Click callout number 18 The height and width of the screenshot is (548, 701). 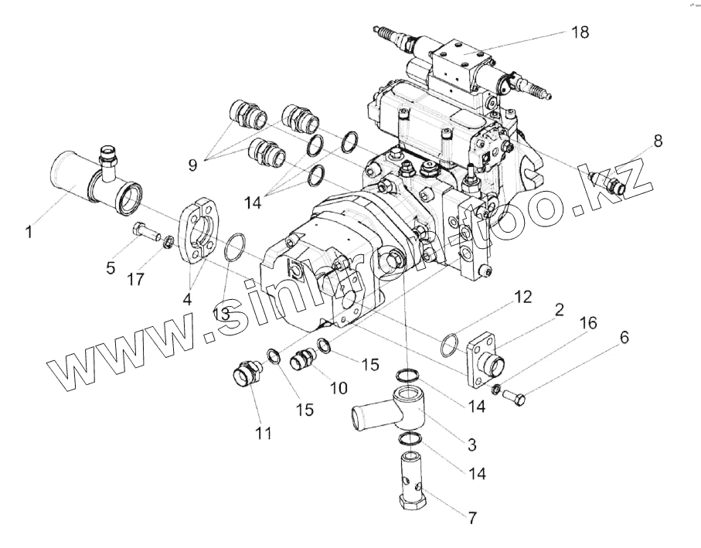(580, 32)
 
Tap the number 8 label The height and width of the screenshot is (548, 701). (657, 141)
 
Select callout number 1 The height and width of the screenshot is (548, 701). (29, 230)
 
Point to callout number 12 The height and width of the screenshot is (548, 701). (524, 296)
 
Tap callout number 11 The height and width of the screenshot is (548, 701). (264, 434)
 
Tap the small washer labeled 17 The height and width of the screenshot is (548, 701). (168, 244)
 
